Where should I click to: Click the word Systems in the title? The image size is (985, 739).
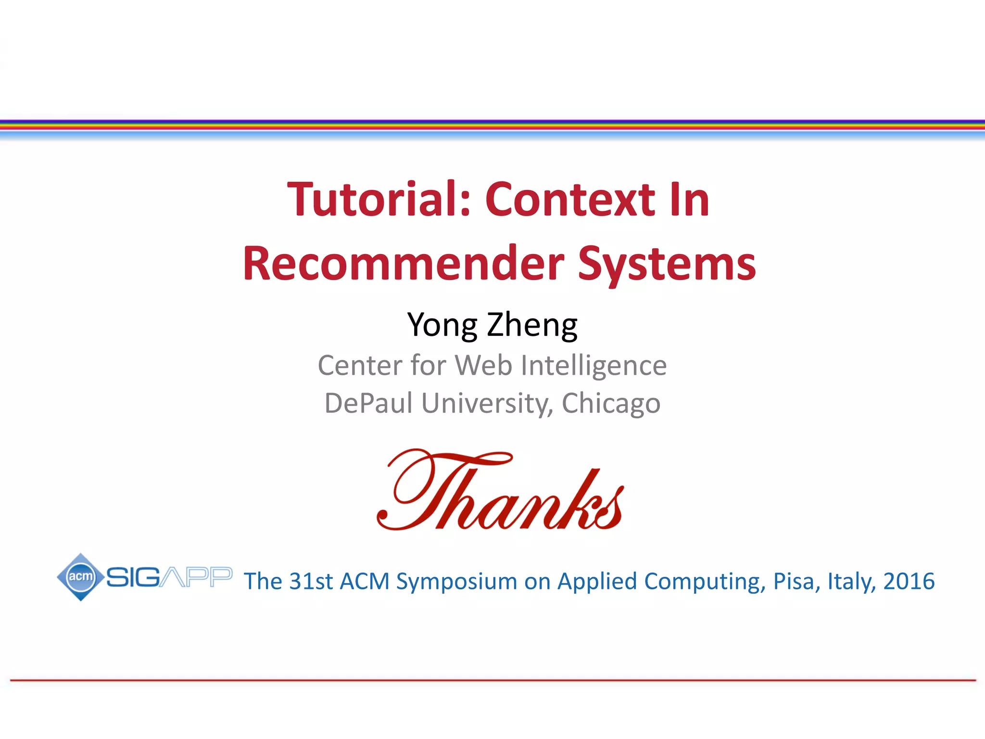(x=667, y=265)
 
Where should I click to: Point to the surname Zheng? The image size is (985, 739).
(x=532, y=325)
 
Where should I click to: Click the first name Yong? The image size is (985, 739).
(x=442, y=325)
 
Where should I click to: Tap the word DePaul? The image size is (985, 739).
(x=368, y=403)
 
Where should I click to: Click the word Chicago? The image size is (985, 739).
(x=611, y=404)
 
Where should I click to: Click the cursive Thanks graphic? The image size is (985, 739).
(x=500, y=491)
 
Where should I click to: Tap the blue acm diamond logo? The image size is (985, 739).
(x=81, y=576)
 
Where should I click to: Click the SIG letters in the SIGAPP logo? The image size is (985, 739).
(x=133, y=577)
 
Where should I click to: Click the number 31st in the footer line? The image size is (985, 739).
(x=311, y=581)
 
